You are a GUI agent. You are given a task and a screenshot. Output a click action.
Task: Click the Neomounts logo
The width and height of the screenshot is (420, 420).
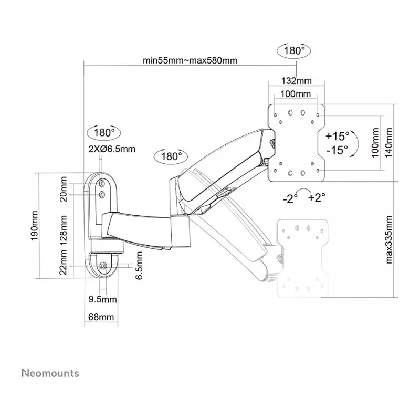[50, 373]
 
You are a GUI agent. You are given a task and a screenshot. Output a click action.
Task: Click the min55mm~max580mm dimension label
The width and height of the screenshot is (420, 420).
[190, 60]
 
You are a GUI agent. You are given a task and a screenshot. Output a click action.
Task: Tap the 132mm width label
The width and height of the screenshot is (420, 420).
[296, 81]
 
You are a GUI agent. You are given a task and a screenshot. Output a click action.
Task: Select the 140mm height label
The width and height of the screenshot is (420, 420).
[388, 143]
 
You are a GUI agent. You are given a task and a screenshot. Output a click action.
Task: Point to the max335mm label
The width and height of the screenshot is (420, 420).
[388, 239]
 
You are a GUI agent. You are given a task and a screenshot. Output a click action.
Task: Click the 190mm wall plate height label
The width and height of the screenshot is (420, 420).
[35, 226]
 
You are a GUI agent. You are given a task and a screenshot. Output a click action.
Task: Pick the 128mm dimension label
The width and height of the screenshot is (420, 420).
[63, 230]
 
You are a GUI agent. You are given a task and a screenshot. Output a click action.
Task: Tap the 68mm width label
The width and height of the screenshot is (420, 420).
[101, 317]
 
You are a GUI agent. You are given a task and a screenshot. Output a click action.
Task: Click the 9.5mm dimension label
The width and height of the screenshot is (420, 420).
[102, 299]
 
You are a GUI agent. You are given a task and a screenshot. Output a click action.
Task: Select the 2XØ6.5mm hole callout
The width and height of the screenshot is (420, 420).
[112, 149]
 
